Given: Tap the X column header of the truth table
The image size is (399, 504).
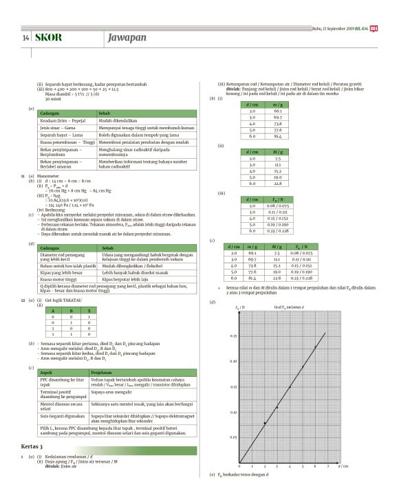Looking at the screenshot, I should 89,311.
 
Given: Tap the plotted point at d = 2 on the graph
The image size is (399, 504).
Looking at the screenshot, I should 264,423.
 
